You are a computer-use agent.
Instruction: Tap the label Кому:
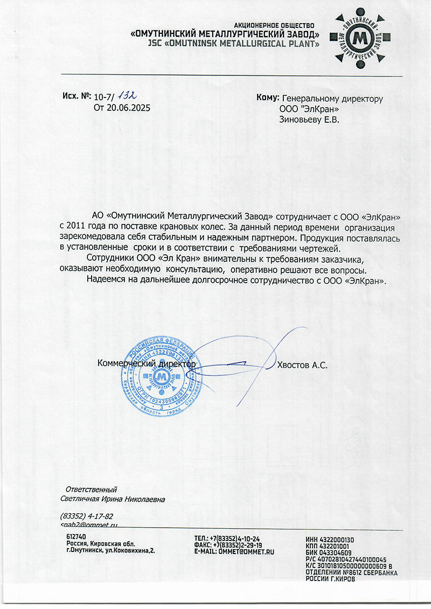268,99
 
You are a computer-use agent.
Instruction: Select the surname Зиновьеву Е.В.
309,120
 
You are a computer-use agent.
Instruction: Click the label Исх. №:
76,97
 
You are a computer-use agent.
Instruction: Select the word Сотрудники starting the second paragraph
110,259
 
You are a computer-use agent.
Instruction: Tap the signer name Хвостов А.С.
302,365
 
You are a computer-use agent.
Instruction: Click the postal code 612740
77,537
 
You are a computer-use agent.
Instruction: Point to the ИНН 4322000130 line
329,540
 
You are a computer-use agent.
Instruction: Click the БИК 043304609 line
328,552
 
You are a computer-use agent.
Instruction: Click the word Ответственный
91,489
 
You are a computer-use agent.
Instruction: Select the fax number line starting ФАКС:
228,544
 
